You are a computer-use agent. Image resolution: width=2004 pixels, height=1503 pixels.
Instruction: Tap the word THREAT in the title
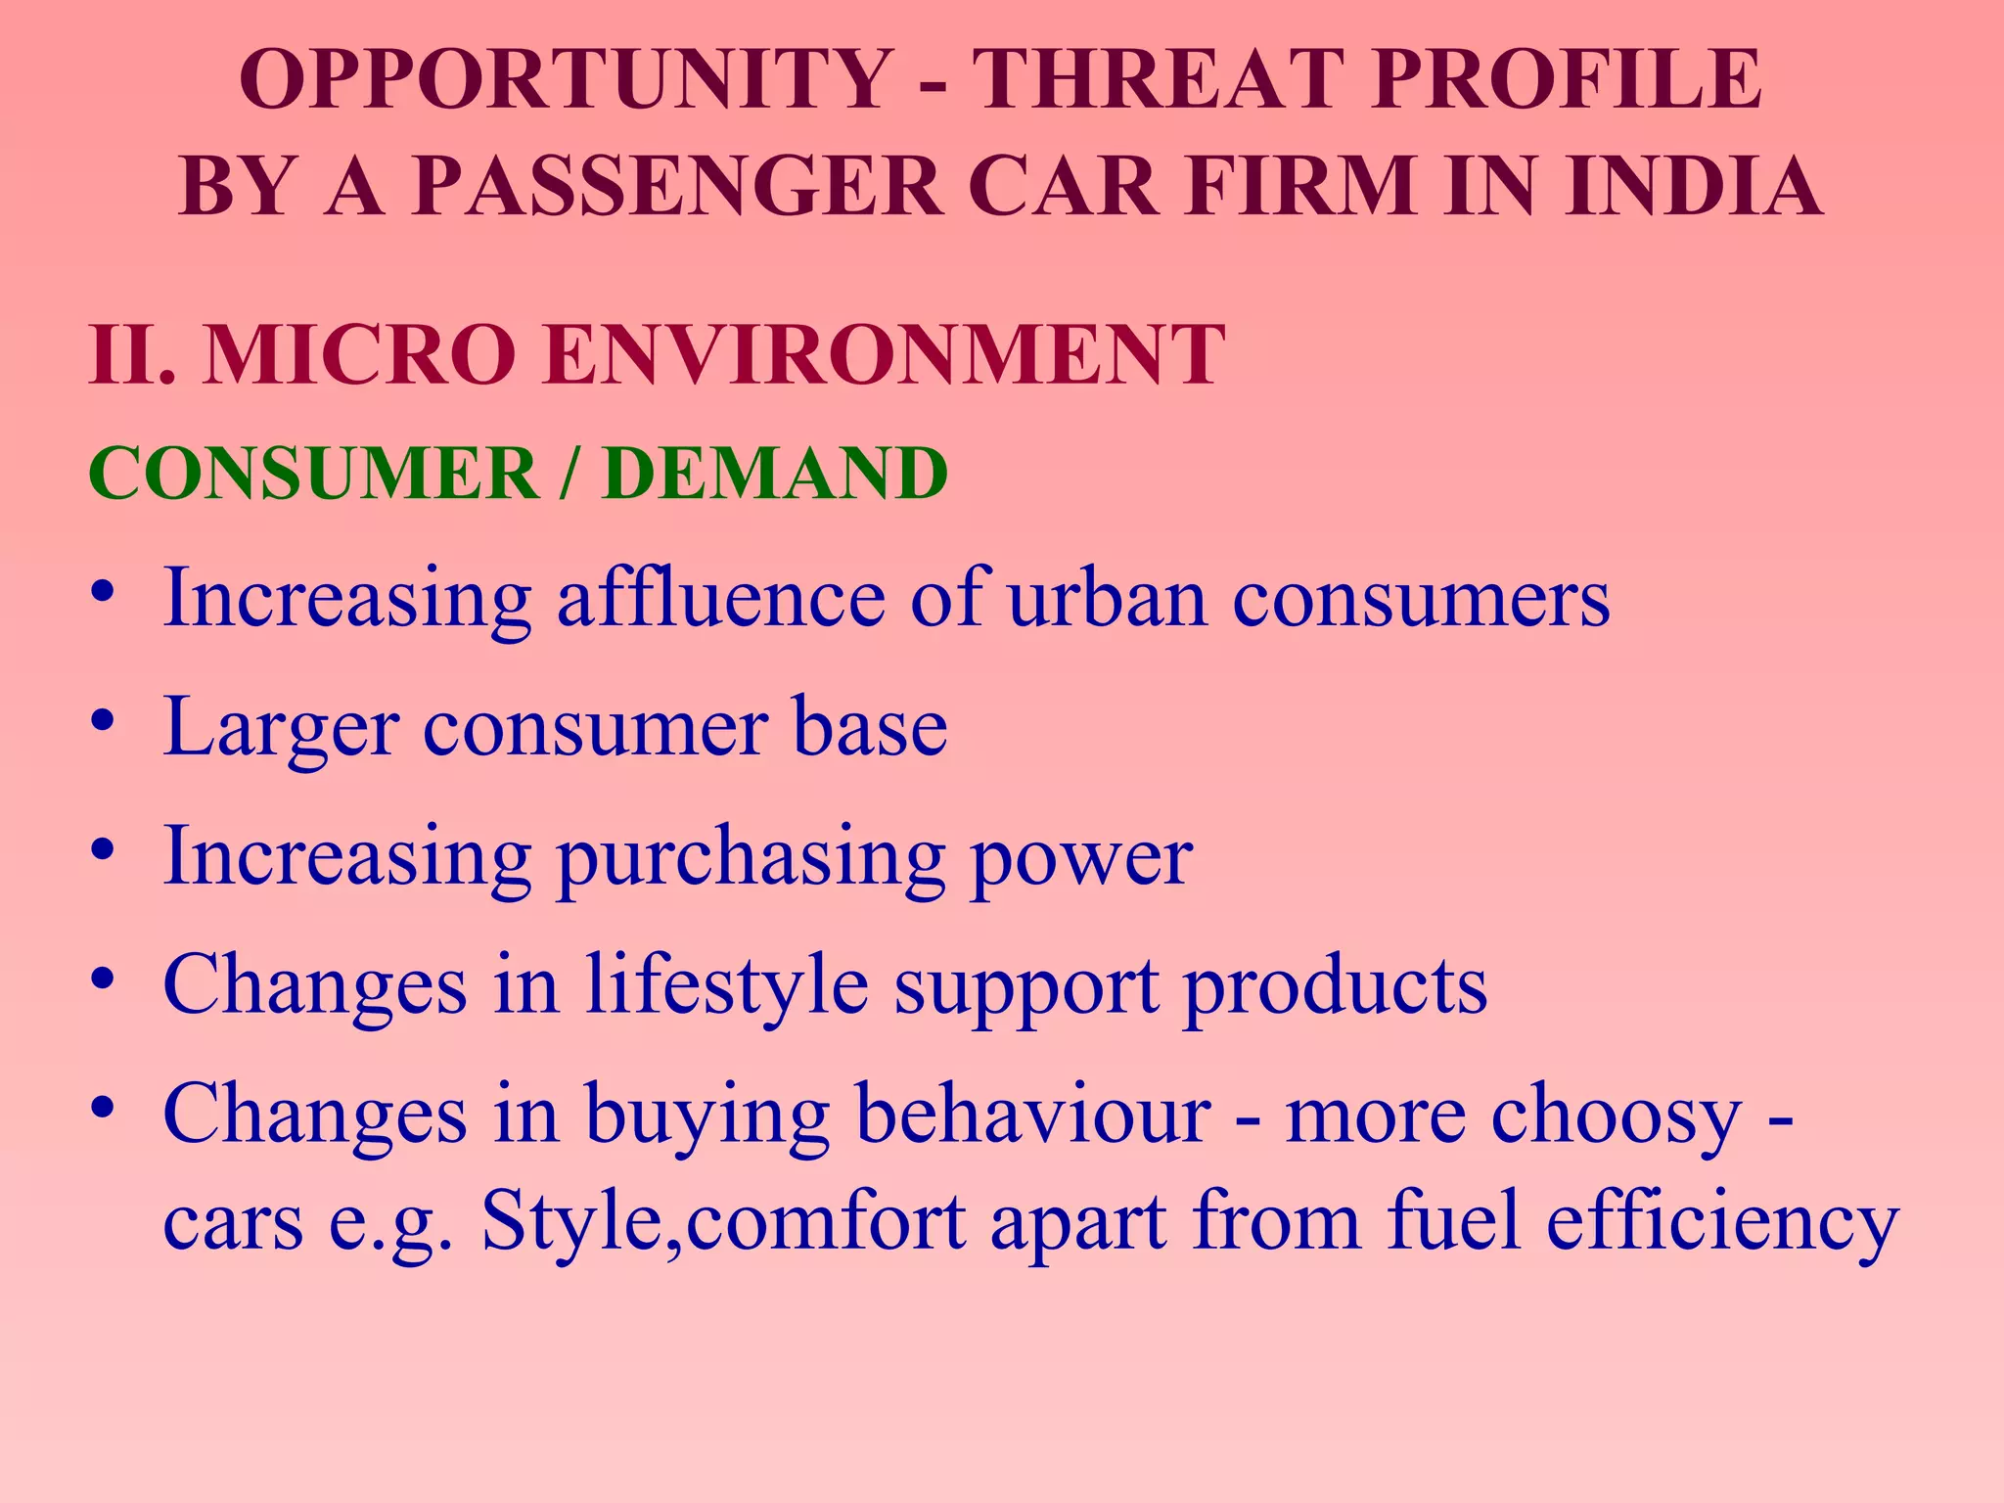point(1159,79)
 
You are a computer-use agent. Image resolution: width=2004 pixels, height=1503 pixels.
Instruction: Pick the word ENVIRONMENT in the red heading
point(879,354)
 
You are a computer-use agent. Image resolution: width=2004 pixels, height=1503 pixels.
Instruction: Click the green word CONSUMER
point(313,474)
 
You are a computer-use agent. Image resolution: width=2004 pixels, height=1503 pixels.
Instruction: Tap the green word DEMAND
point(775,474)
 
